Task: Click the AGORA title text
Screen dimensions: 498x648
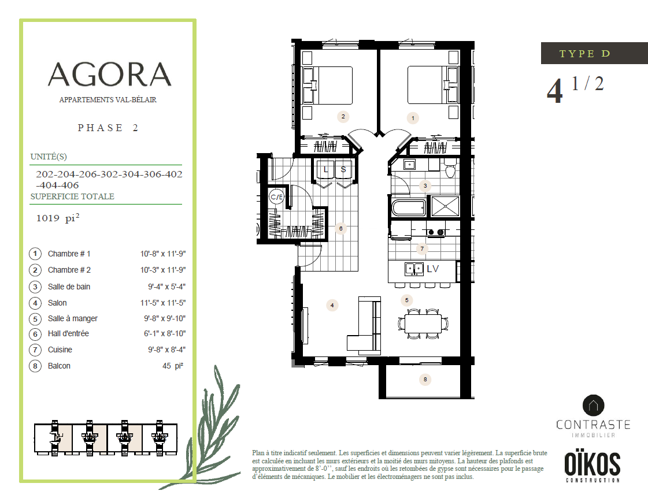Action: pyautogui.click(x=109, y=75)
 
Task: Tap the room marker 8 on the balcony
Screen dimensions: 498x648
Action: pyautogui.click(x=426, y=380)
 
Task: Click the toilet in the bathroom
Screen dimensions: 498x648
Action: pyautogui.click(x=450, y=170)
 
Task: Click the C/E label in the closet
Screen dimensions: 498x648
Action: pyautogui.click(x=277, y=197)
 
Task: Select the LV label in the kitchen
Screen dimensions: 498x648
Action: pyautogui.click(x=433, y=269)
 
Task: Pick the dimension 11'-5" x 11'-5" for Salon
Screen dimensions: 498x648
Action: pyautogui.click(x=165, y=303)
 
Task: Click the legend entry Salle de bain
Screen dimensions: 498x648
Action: pyautogui.click(x=69, y=287)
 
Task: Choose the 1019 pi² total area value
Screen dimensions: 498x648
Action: pyautogui.click(x=57, y=218)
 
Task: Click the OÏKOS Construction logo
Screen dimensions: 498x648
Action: pyautogui.click(x=593, y=467)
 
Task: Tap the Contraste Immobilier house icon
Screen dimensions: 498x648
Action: pyautogui.click(x=593, y=405)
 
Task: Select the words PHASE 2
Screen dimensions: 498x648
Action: pyautogui.click(x=108, y=128)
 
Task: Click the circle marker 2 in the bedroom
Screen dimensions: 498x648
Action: pyautogui.click(x=343, y=116)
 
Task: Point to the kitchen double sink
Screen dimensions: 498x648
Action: pyautogui.click(x=414, y=268)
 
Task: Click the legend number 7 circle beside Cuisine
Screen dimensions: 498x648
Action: pyautogui.click(x=35, y=350)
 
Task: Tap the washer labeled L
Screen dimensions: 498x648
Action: pyautogui.click(x=326, y=169)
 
